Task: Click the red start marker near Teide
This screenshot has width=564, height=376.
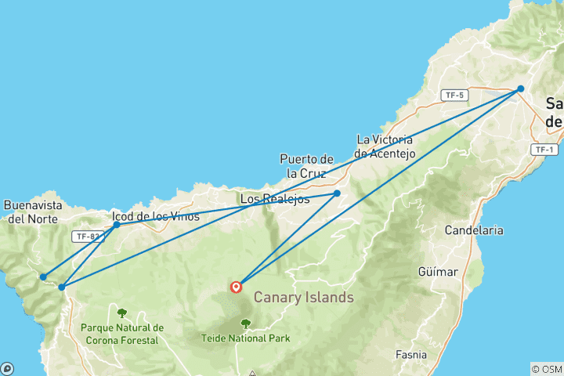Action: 236,287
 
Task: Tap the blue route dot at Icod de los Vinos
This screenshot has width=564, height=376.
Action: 117,225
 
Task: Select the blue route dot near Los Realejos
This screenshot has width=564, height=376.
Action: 337,193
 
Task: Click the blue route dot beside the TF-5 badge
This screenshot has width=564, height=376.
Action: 520,89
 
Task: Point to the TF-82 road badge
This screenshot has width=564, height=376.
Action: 87,236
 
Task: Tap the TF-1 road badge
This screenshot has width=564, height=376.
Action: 544,150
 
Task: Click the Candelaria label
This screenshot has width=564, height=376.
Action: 474,231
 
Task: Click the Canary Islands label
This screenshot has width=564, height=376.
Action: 303,298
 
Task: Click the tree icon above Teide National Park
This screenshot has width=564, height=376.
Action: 245,323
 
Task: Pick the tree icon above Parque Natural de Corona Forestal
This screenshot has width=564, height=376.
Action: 121,313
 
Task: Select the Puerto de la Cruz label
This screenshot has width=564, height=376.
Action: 306,166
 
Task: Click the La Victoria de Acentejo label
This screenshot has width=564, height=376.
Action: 384,146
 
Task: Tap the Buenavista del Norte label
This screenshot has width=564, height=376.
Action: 32,212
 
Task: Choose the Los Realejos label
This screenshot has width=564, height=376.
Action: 269,199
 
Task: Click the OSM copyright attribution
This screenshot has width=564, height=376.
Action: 546,369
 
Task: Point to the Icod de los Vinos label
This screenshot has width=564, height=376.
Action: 156,216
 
